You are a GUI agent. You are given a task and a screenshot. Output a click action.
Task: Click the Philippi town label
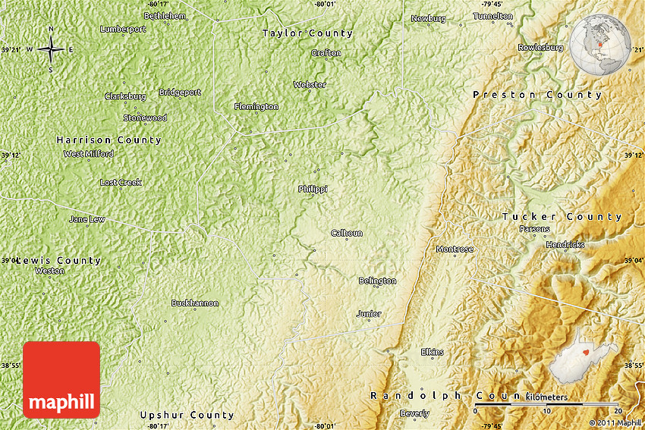click(x=313, y=189)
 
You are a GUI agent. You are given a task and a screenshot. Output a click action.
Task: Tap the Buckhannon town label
click(x=195, y=303)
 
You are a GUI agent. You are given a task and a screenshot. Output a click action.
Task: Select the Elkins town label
click(x=433, y=352)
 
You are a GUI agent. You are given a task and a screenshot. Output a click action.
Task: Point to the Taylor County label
click(x=307, y=33)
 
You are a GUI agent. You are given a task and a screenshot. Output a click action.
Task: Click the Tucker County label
click(x=562, y=217)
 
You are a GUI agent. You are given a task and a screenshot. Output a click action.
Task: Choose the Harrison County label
click(x=109, y=140)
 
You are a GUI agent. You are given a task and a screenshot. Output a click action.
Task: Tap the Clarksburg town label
click(x=125, y=96)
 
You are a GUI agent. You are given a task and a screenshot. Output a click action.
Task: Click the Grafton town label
click(x=326, y=53)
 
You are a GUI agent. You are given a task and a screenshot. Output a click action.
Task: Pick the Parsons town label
click(x=535, y=229)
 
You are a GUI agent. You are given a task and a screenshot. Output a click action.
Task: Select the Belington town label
click(x=377, y=281)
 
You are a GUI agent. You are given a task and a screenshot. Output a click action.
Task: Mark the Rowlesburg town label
click(x=541, y=47)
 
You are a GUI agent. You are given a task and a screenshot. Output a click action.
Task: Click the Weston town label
click(x=49, y=271)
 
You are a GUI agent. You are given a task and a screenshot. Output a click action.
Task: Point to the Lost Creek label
click(x=121, y=183)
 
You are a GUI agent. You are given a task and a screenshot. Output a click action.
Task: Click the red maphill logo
click(x=61, y=379)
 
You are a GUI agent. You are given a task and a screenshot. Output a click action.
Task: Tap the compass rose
click(x=51, y=50)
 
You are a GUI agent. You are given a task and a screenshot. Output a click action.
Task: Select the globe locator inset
click(x=601, y=45)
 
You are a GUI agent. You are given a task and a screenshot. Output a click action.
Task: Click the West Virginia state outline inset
click(x=583, y=358)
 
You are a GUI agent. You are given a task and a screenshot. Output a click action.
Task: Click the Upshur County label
click(x=187, y=416)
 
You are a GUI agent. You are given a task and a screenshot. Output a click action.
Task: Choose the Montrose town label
click(x=455, y=250)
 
